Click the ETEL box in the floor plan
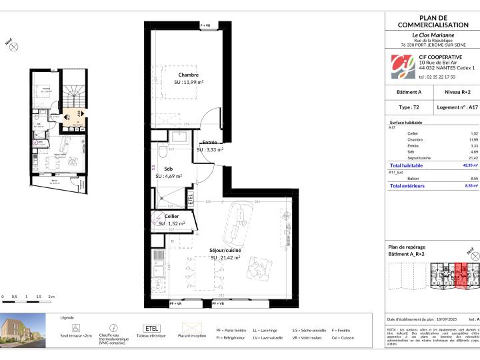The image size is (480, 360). [x=190, y=197]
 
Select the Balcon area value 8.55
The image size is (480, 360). [x=466, y=179]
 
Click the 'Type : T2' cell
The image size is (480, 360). [x=409, y=106]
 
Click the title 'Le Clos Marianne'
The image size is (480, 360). [x=433, y=35]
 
